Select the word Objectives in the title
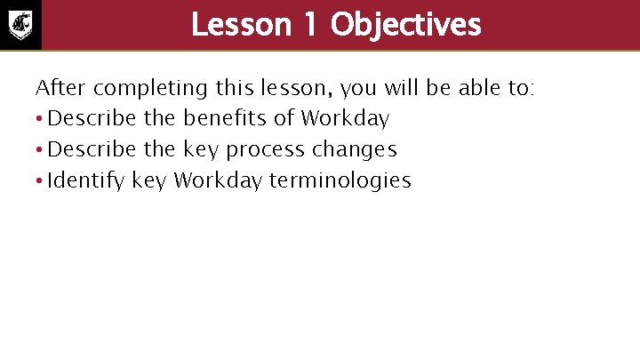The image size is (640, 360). [x=404, y=25]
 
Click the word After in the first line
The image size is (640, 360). [x=60, y=88]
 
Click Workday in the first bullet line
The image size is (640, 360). [x=345, y=118]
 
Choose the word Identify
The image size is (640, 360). [x=86, y=181]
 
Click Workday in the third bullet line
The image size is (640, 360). [x=219, y=181]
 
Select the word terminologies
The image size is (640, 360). [x=340, y=181]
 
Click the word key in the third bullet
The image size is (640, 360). [x=149, y=181]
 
